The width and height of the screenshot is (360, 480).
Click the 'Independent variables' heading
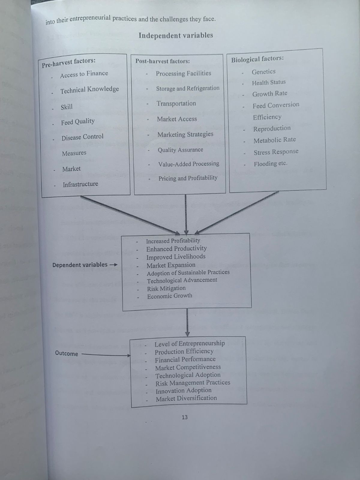coord(175,35)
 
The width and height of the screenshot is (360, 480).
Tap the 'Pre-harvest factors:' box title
coord(69,62)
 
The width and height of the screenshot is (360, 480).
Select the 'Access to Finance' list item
coord(84,74)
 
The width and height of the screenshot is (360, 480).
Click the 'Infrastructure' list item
coord(80,184)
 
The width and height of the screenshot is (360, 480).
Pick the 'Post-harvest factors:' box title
coord(162,61)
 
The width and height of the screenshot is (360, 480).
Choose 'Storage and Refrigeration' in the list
coord(188,88)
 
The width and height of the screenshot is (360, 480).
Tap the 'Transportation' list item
coord(176,103)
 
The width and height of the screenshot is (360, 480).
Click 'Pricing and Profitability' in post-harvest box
coord(188,178)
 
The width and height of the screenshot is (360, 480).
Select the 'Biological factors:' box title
coord(257,59)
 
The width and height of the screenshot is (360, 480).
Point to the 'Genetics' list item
coord(263,72)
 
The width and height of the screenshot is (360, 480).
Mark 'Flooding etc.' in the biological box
coord(270,164)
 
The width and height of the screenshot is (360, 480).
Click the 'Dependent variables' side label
coord(80,265)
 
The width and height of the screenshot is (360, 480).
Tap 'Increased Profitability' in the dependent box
coord(173,241)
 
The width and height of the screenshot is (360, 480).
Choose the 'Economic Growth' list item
coord(169,296)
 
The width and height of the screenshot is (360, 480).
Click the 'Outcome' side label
coord(66,353)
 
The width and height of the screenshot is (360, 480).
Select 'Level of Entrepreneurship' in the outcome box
coord(190,343)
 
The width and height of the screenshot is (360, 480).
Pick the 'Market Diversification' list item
coord(186,398)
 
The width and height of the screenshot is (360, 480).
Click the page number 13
coord(184,417)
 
